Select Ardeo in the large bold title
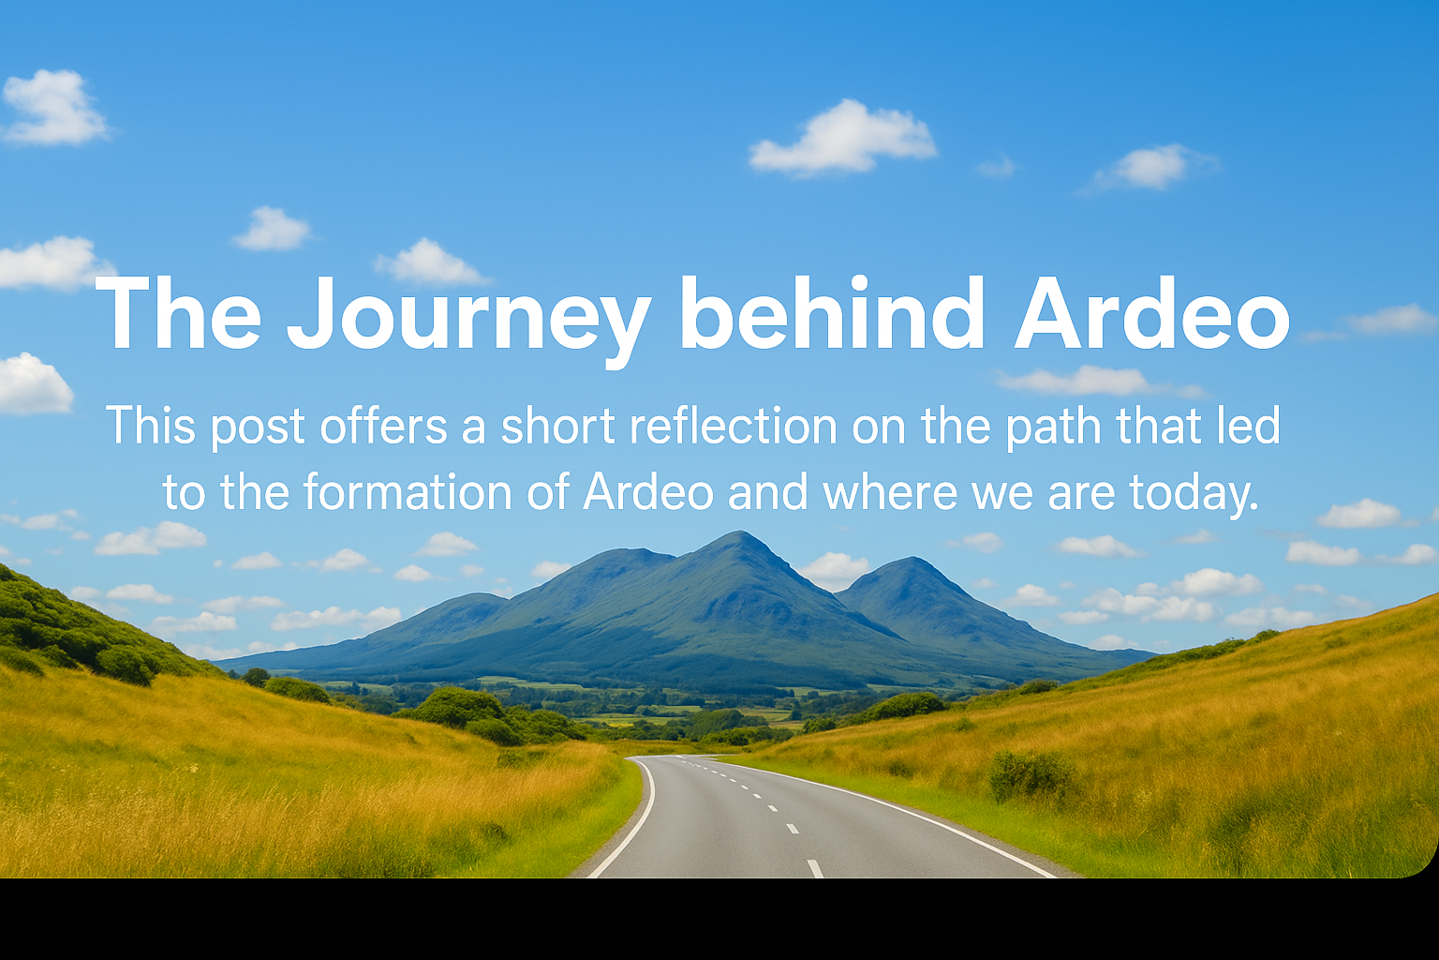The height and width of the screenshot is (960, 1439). (x=1151, y=313)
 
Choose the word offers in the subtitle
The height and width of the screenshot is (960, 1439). (x=383, y=426)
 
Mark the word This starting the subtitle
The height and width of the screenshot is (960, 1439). (x=150, y=426)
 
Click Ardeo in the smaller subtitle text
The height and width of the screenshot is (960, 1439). (x=648, y=492)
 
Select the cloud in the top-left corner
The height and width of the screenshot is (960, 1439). (x=53, y=108)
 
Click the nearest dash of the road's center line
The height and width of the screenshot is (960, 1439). (x=815, y=868)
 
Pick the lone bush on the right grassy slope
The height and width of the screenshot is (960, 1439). (x=1031, y=774)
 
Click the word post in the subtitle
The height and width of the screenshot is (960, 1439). (x=258, y=427)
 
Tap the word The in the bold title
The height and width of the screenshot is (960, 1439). (x=178, y=313)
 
